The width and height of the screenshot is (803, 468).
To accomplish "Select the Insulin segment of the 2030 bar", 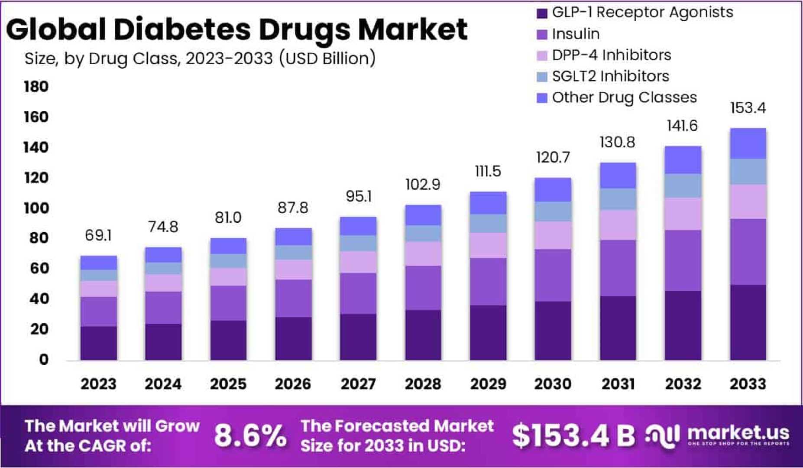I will click(x=553, y=275).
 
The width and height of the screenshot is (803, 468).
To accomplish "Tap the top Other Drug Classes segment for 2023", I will click(x=98, y=263).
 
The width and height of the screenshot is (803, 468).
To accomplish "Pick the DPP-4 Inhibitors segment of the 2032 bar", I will click(x=683, y=214).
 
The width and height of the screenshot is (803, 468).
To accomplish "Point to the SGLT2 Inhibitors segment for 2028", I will click(x=423, y=233).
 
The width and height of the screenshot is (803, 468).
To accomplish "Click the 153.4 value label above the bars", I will click(x=748, y=108).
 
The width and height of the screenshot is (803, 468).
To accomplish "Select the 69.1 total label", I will click(x=98, y=235).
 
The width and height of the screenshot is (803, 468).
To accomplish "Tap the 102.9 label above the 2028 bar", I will click(x=423, y=185).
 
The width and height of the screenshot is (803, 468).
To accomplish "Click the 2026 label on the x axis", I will click(x=293, y=384).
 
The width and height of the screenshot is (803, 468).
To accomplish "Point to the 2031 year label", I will click(x=618, y=384).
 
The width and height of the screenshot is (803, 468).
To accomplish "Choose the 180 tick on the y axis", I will click(x=36, y=87).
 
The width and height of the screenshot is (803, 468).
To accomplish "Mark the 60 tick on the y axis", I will click(x=39, y=268).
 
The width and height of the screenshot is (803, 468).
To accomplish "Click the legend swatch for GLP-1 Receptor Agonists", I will click(x=542, y=13).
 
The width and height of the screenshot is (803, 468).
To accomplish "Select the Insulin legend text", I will click(x=576, y=34).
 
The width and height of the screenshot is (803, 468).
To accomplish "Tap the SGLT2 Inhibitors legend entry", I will click(x=610, y=76).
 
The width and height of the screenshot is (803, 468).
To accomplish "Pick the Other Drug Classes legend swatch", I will click(x=542, y=98).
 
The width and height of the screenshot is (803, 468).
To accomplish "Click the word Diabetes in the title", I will click(x=182, y=29).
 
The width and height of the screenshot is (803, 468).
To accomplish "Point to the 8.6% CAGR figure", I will click(x=250, y=435).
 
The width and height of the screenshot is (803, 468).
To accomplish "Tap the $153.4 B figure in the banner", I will click(x=573, y=435).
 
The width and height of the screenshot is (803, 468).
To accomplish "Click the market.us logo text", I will click(x=738, y=432).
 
